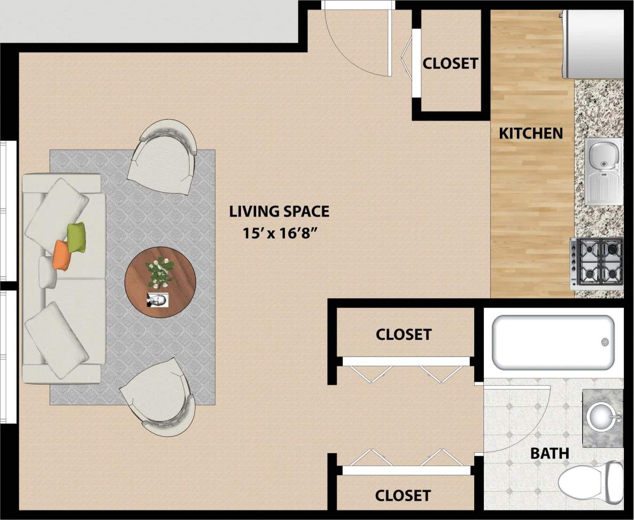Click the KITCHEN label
click(531, 133)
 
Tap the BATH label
click(550, 454)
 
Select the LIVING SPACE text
click(279, 212)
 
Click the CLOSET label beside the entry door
click(450, 63)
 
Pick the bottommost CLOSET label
click(403, 495)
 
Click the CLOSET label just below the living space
click(403, 335)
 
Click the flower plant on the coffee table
click(160, 271)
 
